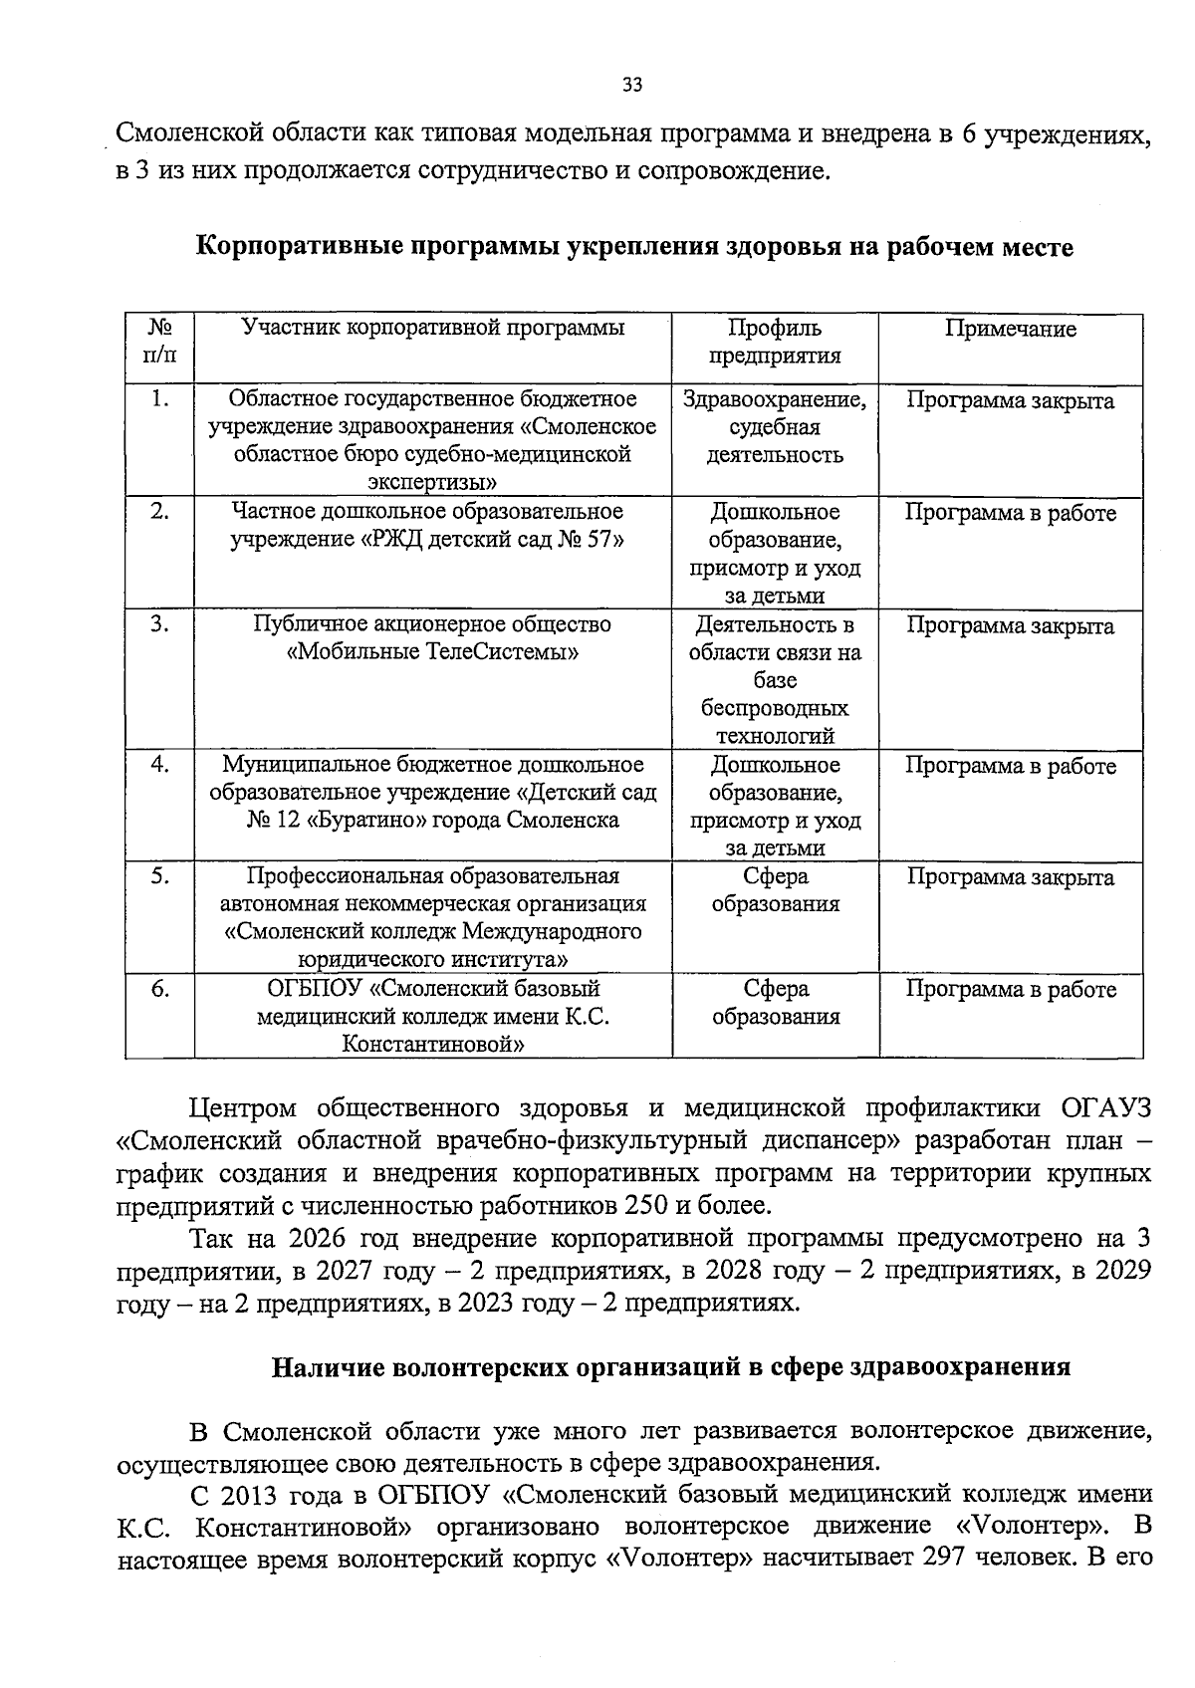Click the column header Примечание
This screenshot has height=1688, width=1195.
click(1010, 329)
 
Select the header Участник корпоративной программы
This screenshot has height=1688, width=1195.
click(433, 328)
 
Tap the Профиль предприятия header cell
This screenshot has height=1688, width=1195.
click(775, 342)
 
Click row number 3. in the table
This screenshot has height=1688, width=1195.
click(158, 624)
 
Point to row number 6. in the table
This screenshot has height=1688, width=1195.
click(158, 989)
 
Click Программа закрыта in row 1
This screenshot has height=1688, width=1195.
click(1010, 400)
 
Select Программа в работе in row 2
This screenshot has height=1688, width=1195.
click(1010, 513)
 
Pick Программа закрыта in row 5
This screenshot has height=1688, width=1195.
click(1010, 877)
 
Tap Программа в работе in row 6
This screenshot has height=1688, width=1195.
click(1010, 989)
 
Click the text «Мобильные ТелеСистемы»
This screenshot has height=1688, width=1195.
click(432, 652)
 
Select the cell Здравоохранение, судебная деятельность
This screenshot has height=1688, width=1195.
click(775, 427)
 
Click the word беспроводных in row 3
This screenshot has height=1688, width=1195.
click(775, 708)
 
